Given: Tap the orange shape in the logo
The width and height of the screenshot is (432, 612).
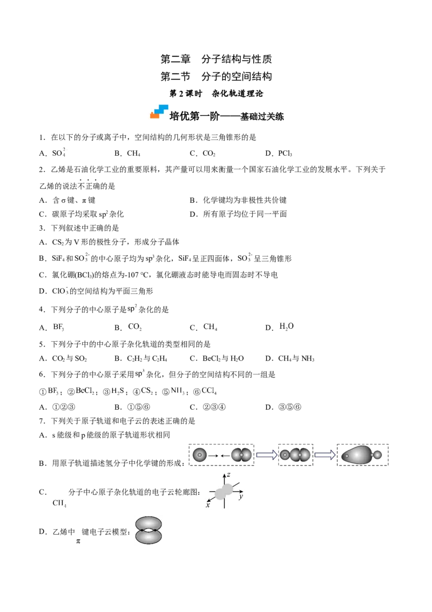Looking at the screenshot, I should click(x=155, y=115).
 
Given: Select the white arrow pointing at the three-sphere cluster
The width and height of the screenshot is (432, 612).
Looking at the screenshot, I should click(x=265, y=455).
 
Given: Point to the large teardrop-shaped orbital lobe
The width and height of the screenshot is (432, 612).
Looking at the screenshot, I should click(x=356, y=455).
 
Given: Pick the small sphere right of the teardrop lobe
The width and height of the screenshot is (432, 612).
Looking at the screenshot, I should click(x=377, y=455).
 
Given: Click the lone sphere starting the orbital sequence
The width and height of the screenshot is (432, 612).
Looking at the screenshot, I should click(x=200, y=455).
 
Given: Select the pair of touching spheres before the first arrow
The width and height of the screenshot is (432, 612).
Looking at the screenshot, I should click(x=241, y=455).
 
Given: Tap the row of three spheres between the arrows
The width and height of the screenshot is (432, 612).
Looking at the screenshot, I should click(x=295, y=455).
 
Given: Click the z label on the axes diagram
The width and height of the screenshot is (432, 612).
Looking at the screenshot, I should click(x=229, y=474).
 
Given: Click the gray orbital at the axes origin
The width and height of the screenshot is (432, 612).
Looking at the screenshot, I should click(x=224, y=491).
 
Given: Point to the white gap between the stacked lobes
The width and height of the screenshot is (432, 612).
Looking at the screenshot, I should click(x=149, y=531).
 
